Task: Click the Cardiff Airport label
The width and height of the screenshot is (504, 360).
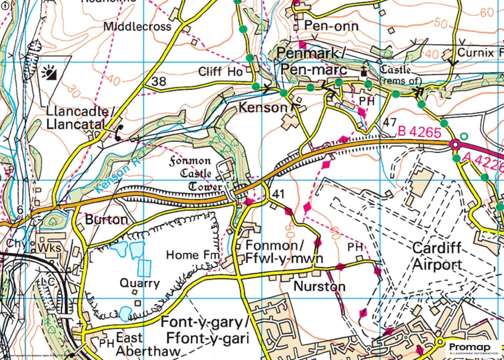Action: click(x=437, y=256)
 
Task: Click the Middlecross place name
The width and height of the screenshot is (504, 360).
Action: click(x=137, y=26)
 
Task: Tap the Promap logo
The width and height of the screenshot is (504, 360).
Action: click(x=474, y=349)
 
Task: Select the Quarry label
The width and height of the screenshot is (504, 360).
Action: click(x=140, y=283)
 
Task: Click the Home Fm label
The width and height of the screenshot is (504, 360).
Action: click(x=193, y=255)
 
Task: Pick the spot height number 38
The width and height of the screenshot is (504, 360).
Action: click(x=159, y=81)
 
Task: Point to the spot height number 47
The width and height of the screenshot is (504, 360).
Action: click(x=389, y=122)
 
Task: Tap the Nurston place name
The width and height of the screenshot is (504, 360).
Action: click(x=319, y=286)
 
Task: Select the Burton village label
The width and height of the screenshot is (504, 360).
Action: click(x=107, y=219)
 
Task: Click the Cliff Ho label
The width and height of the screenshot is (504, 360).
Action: click(x=220, y=71)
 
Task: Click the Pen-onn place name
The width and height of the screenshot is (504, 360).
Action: click(x=331, y=26)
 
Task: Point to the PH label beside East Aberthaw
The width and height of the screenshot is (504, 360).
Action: click(x=107, y=343)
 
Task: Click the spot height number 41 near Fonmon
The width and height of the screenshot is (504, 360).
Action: click(x=279, y=194)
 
